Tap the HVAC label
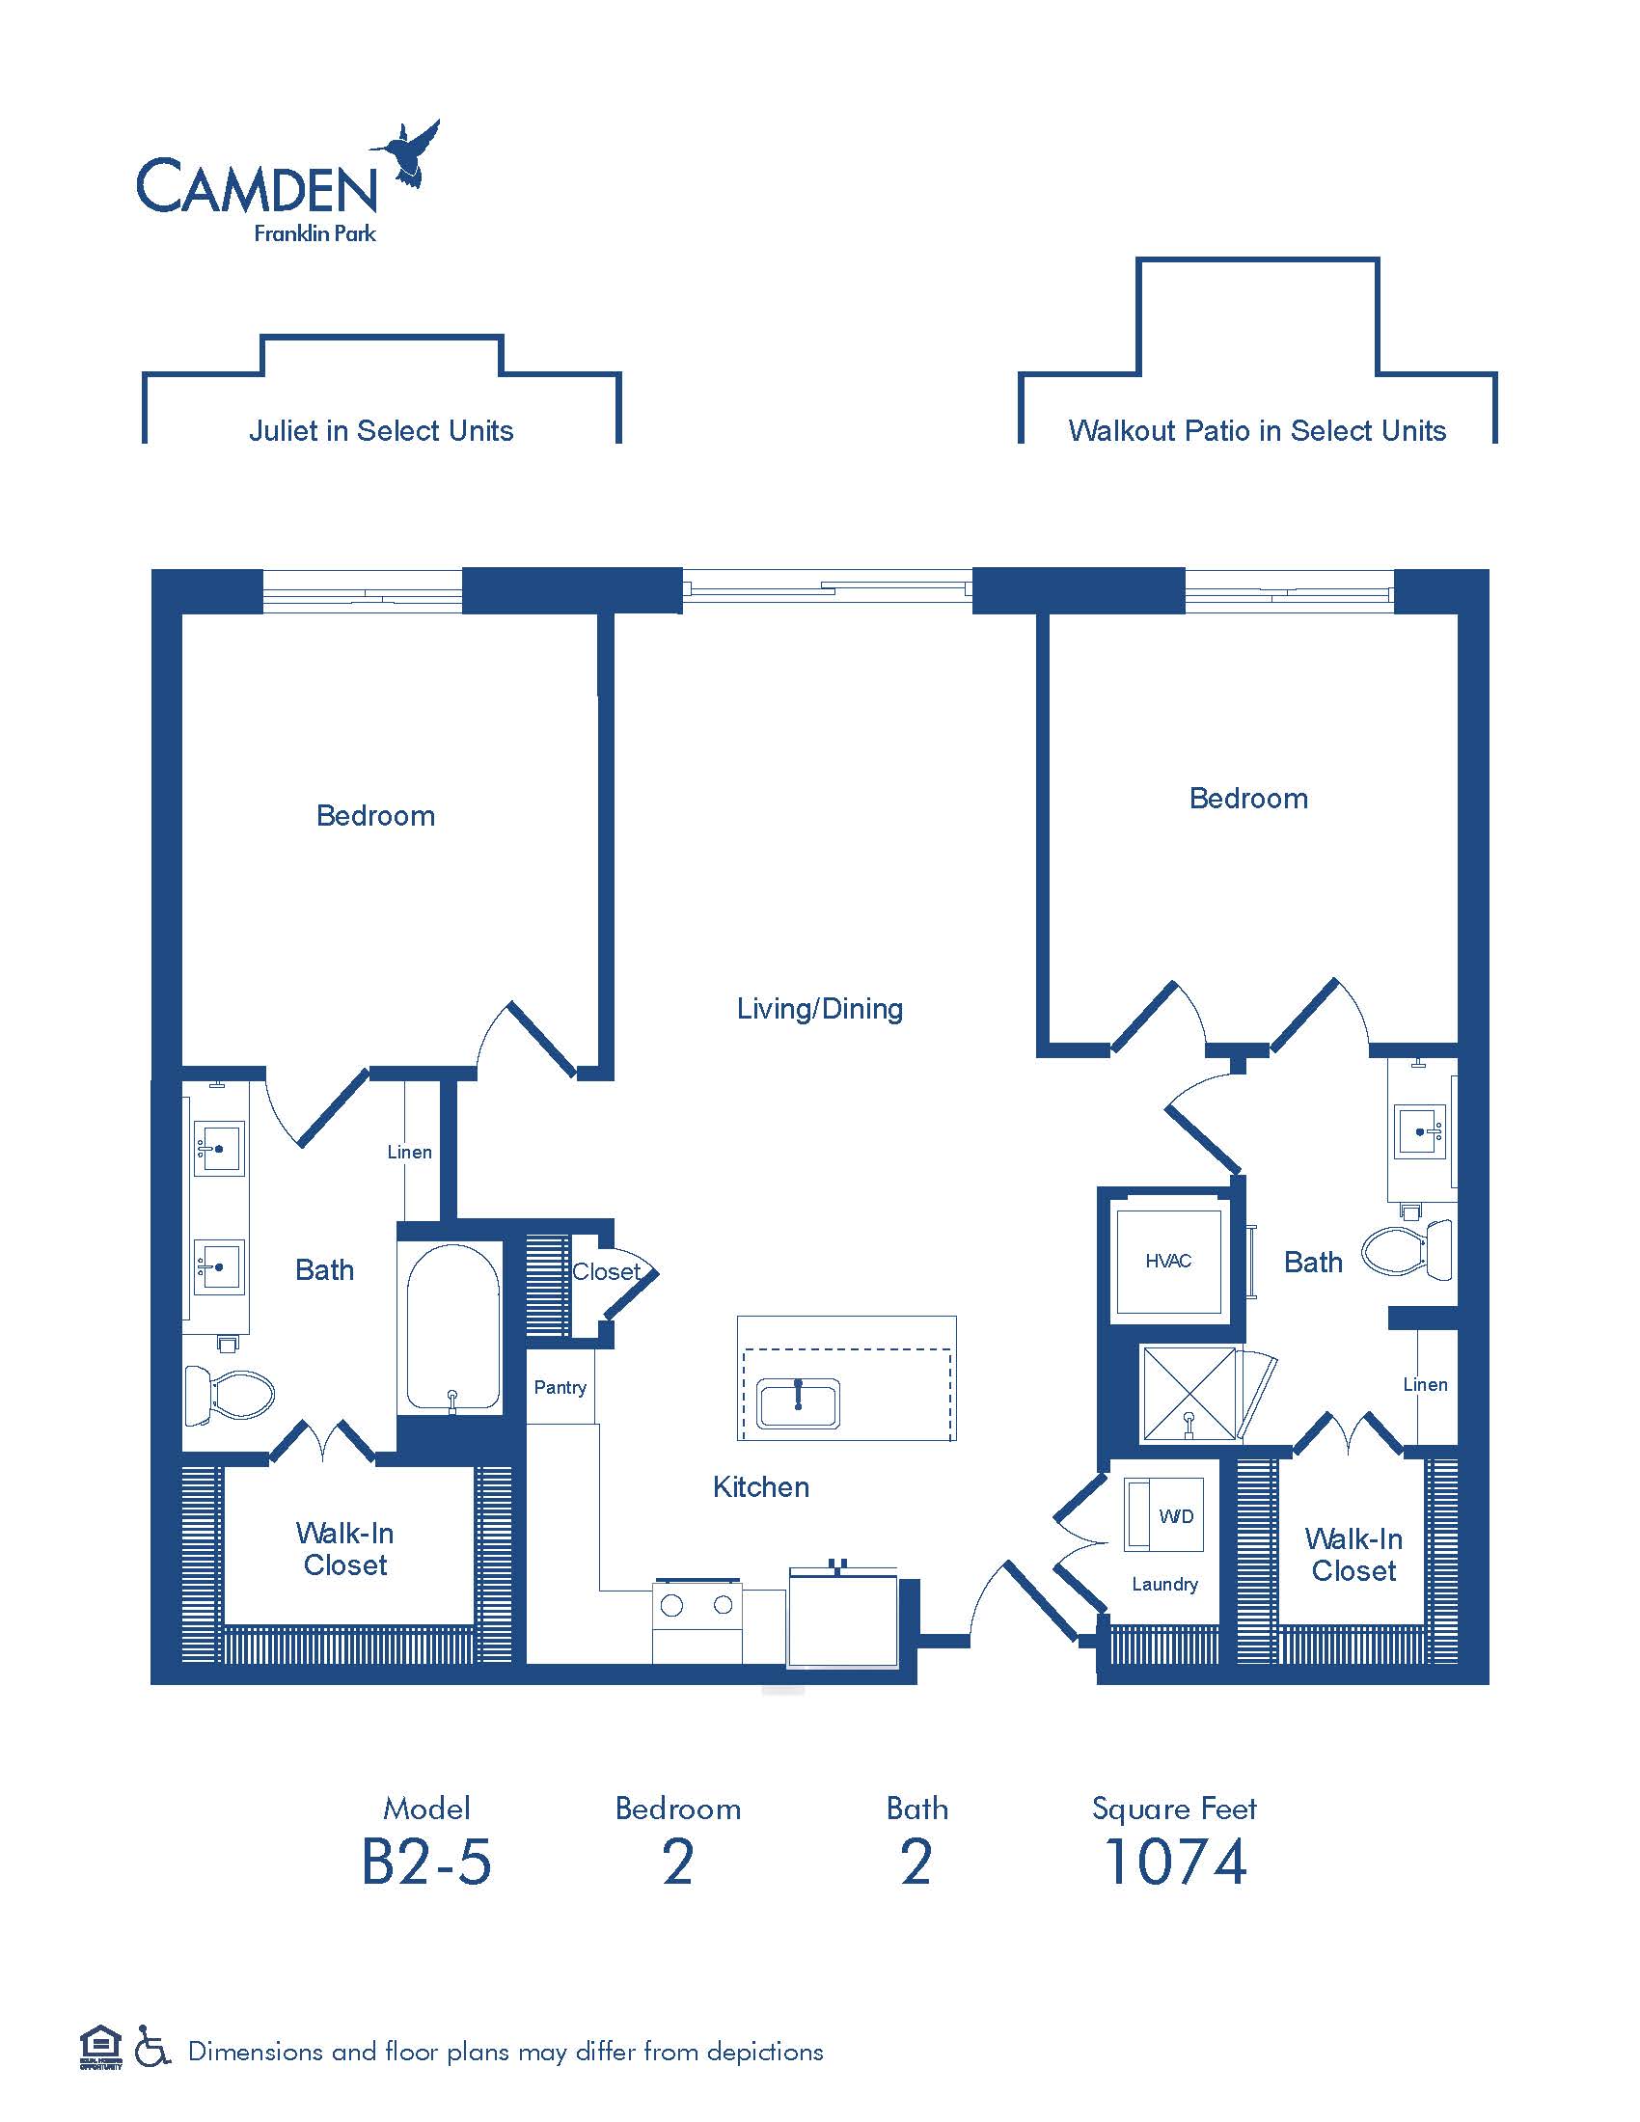coord(1168,1262)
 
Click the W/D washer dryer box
coord(1164,1514)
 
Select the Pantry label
coord(560,1387)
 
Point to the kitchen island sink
coord(799,1404)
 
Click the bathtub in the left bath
coord(452,1327)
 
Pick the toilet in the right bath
coord(1407,1249)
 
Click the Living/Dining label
coord(820,1009)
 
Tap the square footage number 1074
coord(1176,1862)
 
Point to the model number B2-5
coord(426,1862)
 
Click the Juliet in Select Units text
coord(381,430)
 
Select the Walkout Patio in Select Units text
coord(1257,430)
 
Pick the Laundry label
coord(1165,1585)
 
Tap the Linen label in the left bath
coord(409,1152)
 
